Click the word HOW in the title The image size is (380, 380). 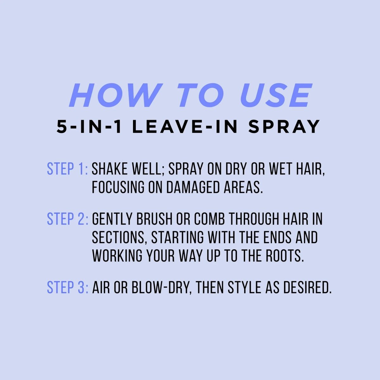tap(116, 95)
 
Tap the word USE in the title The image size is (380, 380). tap(276, 95)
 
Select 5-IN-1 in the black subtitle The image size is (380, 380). tap(89, 127)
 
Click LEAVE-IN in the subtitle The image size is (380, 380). tap(185, 127)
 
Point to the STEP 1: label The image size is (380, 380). tap(67, 169)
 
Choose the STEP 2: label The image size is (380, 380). tap(67, 219)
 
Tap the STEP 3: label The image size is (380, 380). tap(67, 288)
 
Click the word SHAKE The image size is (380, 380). tap(110, 169)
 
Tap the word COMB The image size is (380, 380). tap(209, 219)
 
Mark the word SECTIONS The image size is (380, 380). tap(118, 237)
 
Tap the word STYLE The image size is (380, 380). tap(244, 288)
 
